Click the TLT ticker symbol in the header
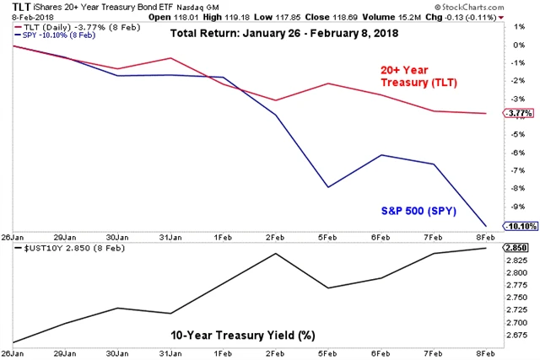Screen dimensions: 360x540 (12, 5)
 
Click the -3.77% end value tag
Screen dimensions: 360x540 (520, 114)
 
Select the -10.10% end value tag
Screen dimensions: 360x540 (519, 226)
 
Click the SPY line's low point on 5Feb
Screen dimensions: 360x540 (328, 187)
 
